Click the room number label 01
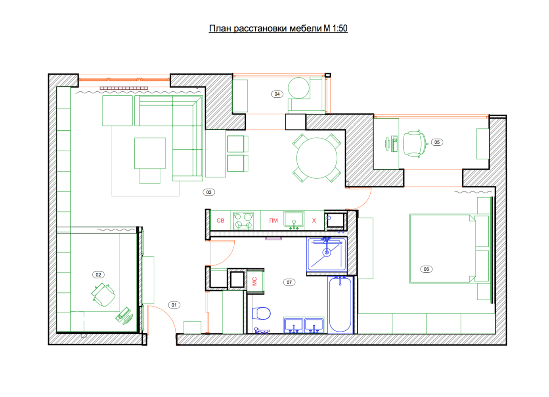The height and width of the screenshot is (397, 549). point(174,305)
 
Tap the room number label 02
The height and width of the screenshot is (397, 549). point(98,275)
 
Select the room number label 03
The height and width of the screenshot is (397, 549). point(209,192)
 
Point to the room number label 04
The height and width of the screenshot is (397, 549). point(277,94)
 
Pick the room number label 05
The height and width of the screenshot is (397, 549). point(437,142)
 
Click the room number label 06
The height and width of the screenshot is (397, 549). point(426,269)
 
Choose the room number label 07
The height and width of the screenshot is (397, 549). point(289,282)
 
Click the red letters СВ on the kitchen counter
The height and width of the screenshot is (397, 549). point(220,220)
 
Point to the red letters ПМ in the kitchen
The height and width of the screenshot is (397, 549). point(274,220)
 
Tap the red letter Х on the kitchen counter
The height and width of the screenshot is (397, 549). point(314,220)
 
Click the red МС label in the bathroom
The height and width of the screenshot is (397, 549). point(254,281)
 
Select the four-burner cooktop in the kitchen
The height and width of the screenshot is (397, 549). point(243,221)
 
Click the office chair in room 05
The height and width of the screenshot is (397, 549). point(415,144)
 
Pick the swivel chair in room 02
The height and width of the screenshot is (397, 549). point(103,295)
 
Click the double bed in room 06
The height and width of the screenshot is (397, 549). point(443,249)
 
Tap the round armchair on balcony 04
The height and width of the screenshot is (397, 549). point(298,88)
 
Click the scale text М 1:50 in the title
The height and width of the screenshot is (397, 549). point(335,28)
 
